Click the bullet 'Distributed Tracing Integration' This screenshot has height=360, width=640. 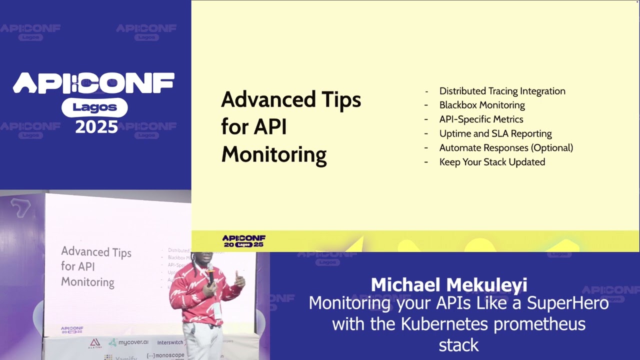[x=502, y=91]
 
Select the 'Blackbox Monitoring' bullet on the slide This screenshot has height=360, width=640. [x=482, y=105]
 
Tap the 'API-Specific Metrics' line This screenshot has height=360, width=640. [x=481, y=119]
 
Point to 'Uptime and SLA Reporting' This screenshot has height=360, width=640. [x=495, y=133]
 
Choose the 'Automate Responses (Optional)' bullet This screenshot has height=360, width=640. [x=506, y=148]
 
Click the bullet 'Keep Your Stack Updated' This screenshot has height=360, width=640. [x=492, y=162]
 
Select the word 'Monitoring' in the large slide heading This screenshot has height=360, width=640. [x=273, y=154]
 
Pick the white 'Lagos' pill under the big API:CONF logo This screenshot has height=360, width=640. [x=94, y=107]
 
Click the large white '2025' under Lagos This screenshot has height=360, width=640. [x=96, y=126]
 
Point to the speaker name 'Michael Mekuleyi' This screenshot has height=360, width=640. [x=448, y=285]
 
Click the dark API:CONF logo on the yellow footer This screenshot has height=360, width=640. [x=244, y=241]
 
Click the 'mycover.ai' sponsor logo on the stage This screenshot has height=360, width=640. [x=128, y=342]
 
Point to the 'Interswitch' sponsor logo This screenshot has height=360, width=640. [x=170, y=343]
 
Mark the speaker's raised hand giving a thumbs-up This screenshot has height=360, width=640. [x=239, y=280]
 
